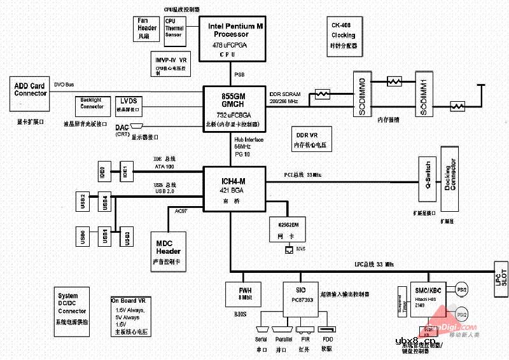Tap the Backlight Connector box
click(x=93, y=104)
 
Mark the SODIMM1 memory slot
click(x=426, y=95)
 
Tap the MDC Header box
click(x=168, y=249)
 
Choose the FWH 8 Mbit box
click(x=244, y=294)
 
